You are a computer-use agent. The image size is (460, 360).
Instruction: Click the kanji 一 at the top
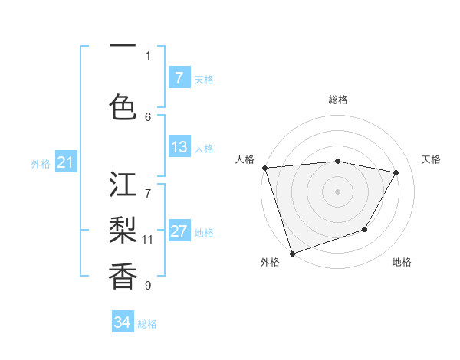[123, 45]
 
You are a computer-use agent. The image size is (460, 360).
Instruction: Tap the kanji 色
[123, 106]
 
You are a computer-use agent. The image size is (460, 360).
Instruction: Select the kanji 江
[123, 186]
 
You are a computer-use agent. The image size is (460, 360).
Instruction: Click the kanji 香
[123, 275]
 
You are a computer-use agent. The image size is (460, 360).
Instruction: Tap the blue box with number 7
[179, 78]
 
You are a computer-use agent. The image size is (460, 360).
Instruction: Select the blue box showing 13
[179, 148]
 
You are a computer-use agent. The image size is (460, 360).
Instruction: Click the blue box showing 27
[179, 232]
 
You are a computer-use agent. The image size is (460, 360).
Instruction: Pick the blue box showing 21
[64, 162]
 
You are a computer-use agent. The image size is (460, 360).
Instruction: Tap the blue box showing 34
[122, 322]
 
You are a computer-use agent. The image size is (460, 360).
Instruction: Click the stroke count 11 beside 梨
[148, 239]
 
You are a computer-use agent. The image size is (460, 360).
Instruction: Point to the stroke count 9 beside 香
[148, 286]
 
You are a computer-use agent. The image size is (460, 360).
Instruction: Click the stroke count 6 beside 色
[148, 116]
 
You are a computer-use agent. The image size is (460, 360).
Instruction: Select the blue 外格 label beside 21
[40, 163]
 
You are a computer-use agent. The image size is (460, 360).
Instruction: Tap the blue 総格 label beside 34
[147, 324]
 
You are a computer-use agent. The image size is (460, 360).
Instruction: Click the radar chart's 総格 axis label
[338, 100]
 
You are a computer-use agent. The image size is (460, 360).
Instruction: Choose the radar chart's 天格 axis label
[431, 159]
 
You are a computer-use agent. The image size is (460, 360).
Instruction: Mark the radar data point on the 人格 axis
[264, 168]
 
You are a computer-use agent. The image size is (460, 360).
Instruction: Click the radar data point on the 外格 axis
[292, 253]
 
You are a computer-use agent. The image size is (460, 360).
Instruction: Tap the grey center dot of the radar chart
[338, 191]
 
